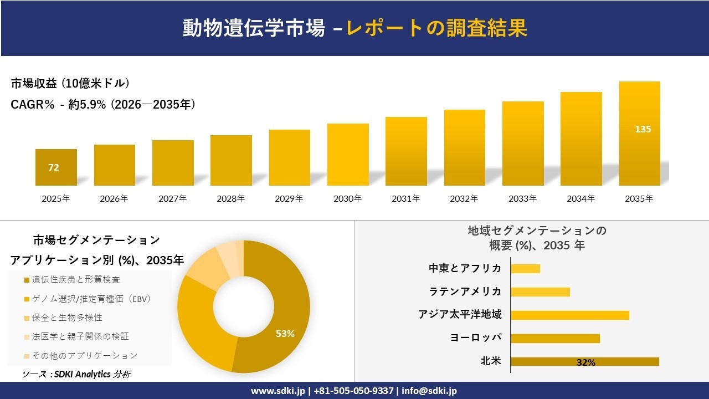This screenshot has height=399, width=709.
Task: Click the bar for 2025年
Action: point(56,167)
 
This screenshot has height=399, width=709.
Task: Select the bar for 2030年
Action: point(348,155)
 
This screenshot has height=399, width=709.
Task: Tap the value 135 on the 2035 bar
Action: point(643,129)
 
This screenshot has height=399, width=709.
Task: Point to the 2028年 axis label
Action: point(230,198)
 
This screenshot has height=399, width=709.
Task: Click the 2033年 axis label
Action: point(522,198)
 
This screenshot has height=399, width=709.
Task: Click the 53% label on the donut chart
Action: point(285,334)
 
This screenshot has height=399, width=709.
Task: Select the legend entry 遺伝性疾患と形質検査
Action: point(76,279)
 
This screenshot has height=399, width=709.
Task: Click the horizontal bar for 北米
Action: point(584,361)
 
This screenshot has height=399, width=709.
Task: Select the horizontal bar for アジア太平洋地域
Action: point(569,315)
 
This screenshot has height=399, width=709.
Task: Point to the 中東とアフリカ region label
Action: point(465,269)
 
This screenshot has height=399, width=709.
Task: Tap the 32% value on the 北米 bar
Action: point(585,362)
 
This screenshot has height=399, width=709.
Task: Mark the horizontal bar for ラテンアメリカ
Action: point(540,292)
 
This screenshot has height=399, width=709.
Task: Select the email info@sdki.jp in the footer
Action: point(429,391)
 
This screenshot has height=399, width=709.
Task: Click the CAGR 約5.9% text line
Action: point(103,104)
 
